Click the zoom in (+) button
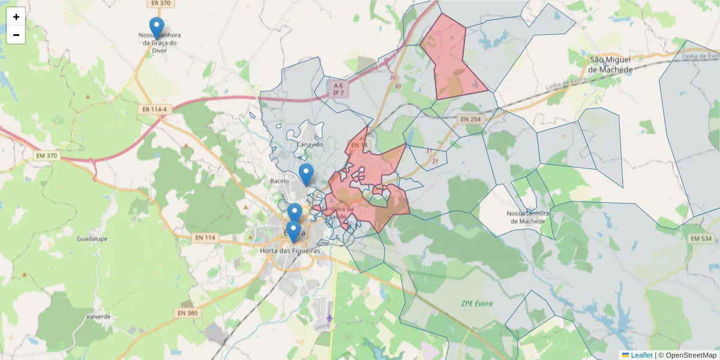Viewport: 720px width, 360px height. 16,17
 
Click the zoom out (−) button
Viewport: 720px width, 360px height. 16,35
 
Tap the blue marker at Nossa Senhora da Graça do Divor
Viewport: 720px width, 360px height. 157,28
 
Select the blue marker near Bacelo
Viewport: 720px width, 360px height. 306,174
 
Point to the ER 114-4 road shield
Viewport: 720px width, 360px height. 155,110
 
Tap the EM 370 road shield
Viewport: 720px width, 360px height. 46,156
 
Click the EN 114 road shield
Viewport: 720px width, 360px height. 205,238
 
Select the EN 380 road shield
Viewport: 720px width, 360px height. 188,313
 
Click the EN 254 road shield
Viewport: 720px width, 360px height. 471,119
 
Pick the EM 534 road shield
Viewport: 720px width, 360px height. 700,239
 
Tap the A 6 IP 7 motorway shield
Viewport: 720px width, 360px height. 338,89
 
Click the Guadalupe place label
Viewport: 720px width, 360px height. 92,238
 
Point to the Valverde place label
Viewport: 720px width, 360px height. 98,316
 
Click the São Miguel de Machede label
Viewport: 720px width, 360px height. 610,65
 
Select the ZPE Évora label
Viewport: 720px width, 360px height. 477,304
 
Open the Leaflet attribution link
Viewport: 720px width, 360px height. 641,355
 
